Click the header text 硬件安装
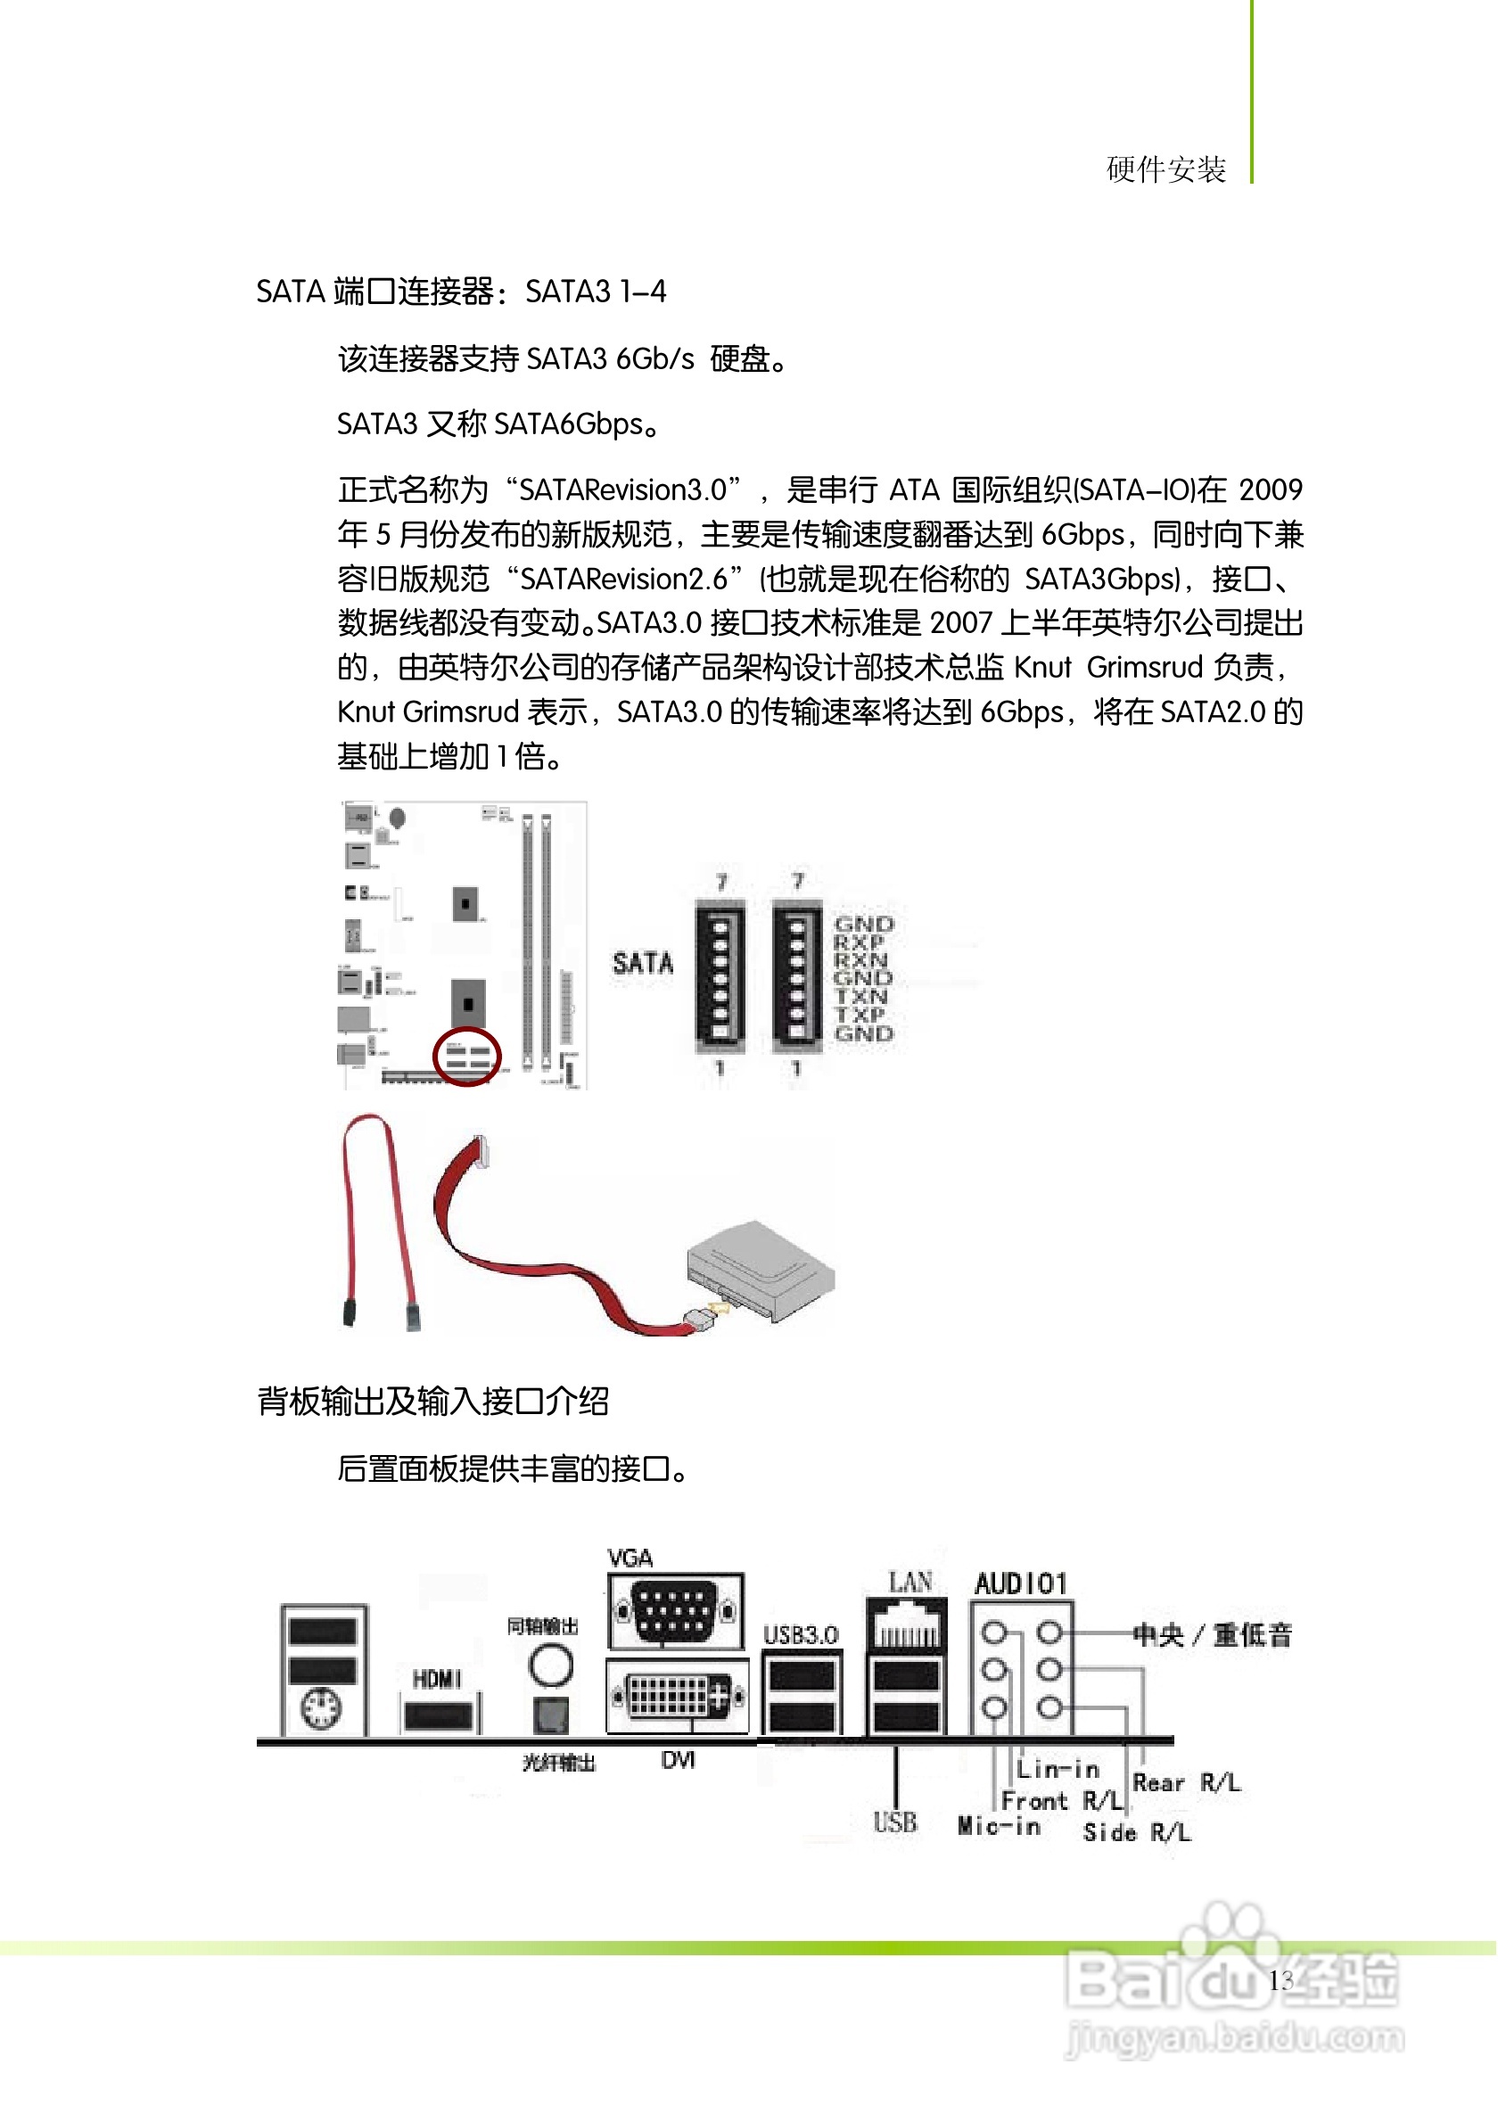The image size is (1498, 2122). click(x=1166, y=169)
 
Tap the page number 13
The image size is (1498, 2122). click(x=1280, y=1980)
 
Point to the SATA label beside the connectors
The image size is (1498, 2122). click(x=643, y=964)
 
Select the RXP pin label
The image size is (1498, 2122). click(x=859, y=942)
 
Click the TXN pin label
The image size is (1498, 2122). click(x=860, y=996)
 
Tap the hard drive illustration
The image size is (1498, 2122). click(x=760, y=1270)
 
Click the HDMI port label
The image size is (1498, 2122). click(x=437, y=1679)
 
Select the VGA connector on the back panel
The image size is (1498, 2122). click(x=676, y=1612)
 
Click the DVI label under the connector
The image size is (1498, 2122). click(x=679, y=1761)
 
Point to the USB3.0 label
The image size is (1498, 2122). click(x=802, y=1636)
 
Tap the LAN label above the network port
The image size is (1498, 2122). click(x=910, y=1583)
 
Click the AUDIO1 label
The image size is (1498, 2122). click(x=1021, y=1584)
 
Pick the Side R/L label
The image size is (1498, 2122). click(x=1138, y=1832)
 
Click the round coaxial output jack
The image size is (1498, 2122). click(x=551, y=1666)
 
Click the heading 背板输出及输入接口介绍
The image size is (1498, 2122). click(x=433, y=1402)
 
